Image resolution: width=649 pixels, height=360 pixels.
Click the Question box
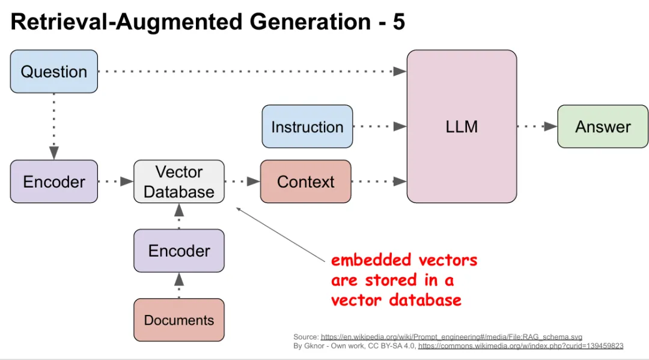tap(54, 72)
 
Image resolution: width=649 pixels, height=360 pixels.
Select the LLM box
tap(462, 126)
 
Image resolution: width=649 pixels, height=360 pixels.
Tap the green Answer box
tap(603, 127)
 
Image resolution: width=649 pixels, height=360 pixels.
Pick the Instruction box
tap(307, 127)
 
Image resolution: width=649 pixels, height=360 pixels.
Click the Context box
tap(306, 182)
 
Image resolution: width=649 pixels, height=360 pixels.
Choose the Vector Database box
tap(179, 182)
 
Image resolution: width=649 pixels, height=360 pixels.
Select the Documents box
tap(179, 320)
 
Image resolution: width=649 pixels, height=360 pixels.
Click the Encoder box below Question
tap(54, 182)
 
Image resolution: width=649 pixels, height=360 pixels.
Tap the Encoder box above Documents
tap(179, 251)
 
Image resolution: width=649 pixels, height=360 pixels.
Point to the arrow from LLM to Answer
tap(537, 127)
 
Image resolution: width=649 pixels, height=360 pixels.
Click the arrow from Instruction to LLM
tap(379, 127)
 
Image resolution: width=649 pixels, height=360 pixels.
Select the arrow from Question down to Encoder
tap(54, 126)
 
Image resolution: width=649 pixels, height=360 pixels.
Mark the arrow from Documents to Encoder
tap(179, 285)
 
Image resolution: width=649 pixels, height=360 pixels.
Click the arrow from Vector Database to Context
tap(242, 181)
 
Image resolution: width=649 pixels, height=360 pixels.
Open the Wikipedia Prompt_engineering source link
tap(451, 337)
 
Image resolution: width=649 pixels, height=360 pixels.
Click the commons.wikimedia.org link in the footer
tap(520, 346)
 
